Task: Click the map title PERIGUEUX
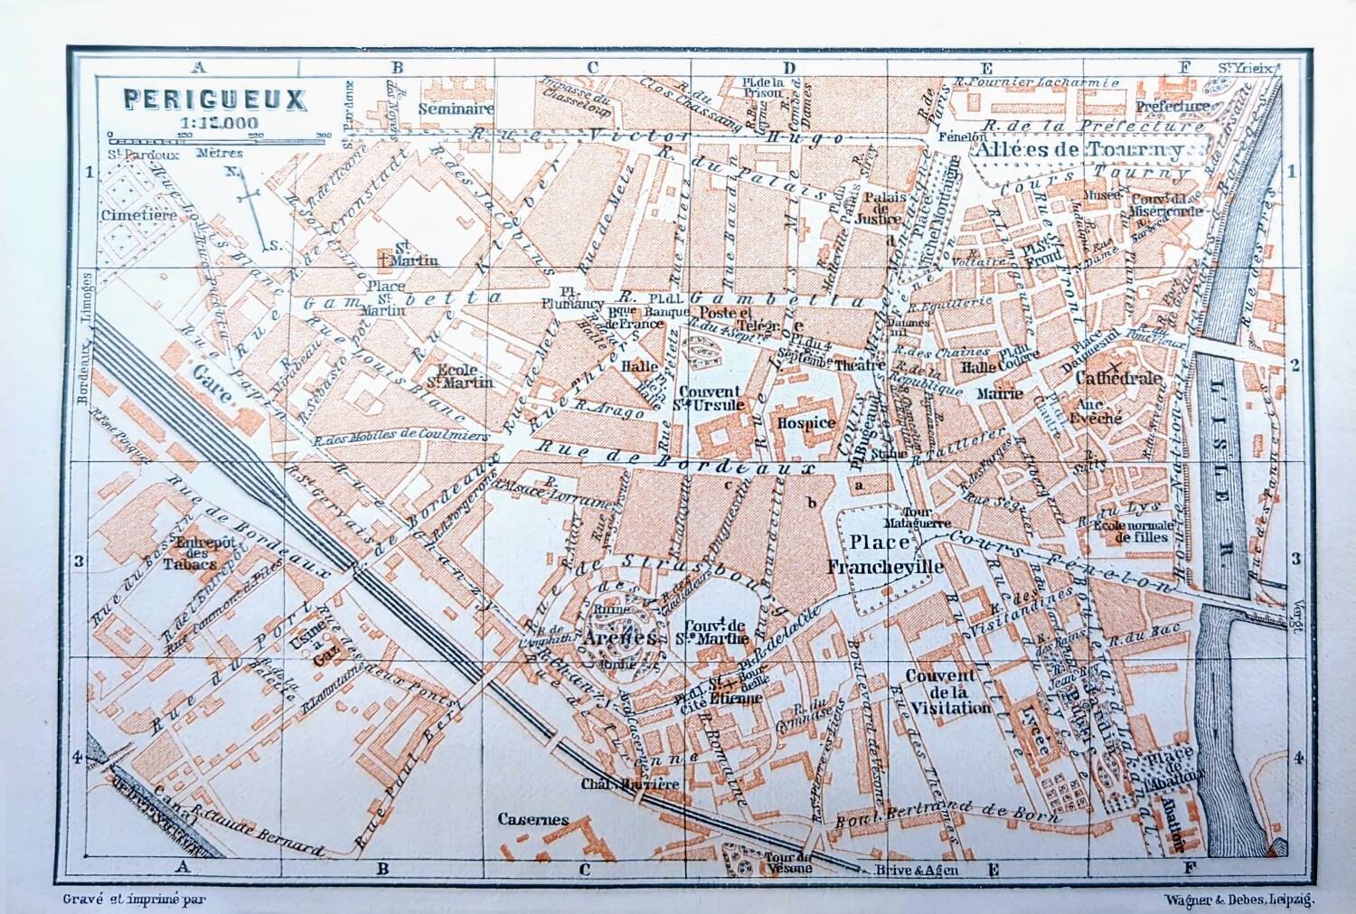[x=214, y=99]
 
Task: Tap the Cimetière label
[x=139, y=215]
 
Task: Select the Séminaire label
[x=457, y=108]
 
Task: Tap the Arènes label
[x=619, y=637]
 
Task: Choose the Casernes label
[x=533, y=820]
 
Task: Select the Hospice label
[x=805, y=422]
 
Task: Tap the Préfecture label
[x=1172, y=107]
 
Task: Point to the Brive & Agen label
[x=916, y=871]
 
